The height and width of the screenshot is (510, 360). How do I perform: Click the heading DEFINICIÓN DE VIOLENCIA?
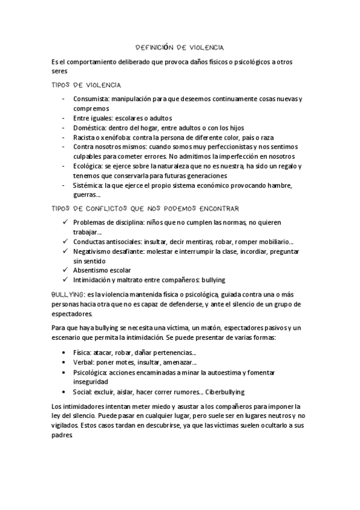tap(180, 46)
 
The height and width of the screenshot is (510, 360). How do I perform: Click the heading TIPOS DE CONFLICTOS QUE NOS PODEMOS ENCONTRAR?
tap(146, 209)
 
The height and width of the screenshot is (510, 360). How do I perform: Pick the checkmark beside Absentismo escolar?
tap(65, 271)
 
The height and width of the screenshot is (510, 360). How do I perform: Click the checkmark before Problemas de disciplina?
tap(65, 223)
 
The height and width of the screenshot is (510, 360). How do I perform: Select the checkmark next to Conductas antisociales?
tap(65, 242)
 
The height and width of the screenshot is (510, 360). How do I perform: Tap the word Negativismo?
tap(94, 251)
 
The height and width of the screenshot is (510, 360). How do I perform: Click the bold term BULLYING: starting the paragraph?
tap(68, 295)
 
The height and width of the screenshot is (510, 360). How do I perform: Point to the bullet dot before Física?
tap(65, 353)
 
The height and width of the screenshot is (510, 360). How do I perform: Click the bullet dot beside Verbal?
tap(65, 363)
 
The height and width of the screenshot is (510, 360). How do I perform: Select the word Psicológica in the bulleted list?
tap(91, 372)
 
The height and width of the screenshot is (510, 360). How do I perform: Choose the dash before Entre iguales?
tap(65, 118)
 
